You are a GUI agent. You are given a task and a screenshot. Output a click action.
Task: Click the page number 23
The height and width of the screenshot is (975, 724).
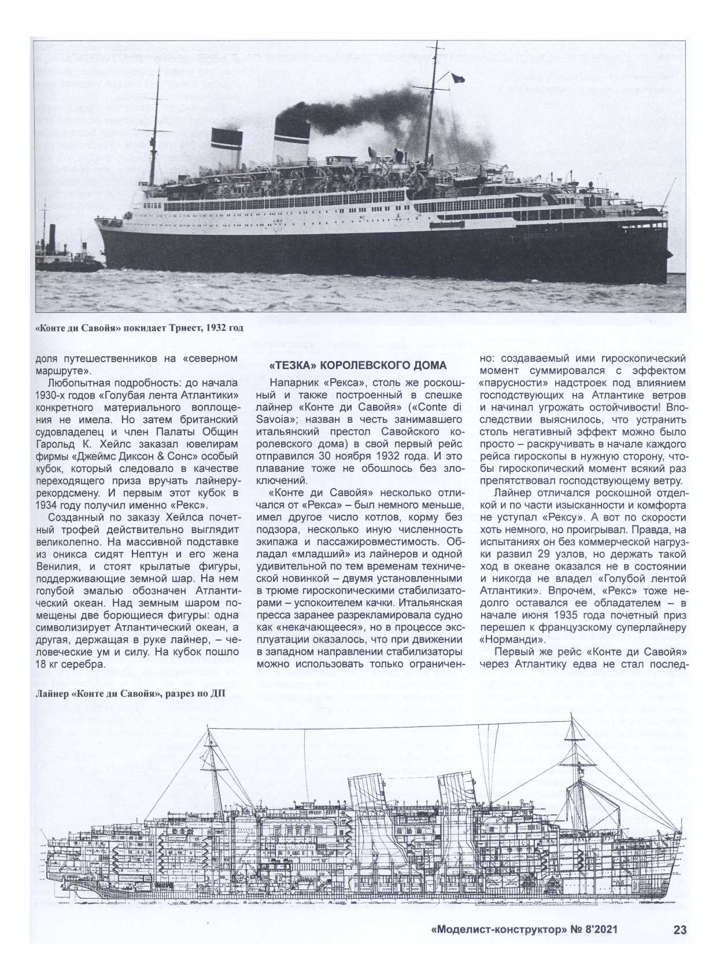coord(679,946)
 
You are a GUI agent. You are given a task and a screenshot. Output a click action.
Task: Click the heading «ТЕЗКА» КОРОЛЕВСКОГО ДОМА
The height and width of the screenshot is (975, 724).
coord(359,365)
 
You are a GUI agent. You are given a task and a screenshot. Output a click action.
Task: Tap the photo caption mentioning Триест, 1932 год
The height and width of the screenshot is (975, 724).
coord(139,328)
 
